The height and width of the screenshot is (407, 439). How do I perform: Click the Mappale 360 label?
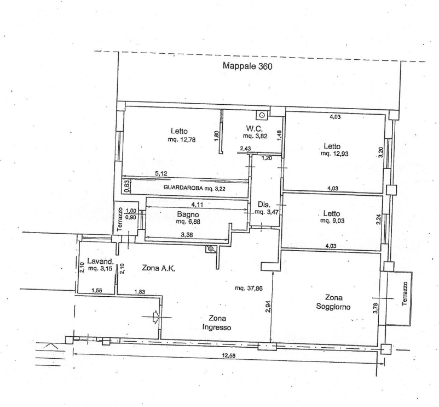pos(247,66)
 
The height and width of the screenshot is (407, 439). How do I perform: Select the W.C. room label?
pos(255,128)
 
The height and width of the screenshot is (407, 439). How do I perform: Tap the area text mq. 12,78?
pos(182,139)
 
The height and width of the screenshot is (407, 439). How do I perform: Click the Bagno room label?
pos(188,214)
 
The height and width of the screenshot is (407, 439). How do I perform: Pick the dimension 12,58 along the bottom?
pos(229,355)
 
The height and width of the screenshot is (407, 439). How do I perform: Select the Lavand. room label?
pos(101,261)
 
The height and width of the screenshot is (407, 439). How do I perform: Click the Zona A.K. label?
pos(159,268)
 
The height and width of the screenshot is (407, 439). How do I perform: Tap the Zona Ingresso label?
pos(217,323)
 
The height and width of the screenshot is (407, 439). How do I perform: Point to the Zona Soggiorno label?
pos(333,302)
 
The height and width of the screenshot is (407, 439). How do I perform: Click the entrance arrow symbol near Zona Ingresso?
pos(156,317)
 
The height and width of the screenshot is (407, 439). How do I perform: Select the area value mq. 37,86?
pos(249,288)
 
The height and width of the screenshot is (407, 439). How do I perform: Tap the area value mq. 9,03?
pos(332,221)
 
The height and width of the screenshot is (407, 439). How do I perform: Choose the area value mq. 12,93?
pos(334,154)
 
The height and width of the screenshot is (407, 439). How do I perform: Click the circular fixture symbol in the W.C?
pos(262,115)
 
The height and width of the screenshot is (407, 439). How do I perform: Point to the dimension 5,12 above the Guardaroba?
pos(161,174)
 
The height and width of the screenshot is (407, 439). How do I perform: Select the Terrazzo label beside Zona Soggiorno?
pos(405,293)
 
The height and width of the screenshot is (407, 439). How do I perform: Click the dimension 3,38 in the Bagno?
pos(187,235)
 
